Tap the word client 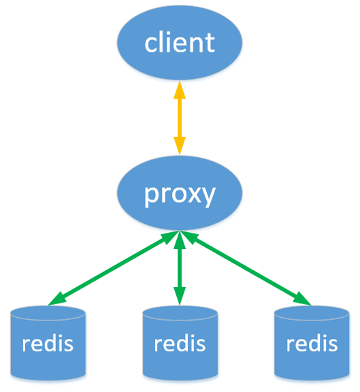point(180,43)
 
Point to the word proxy point(180,194)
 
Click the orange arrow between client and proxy point(180,118)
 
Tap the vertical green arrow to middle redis point(180,269)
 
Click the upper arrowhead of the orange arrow point(180,89)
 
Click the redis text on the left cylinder point(48,342)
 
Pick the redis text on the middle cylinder point(180,342)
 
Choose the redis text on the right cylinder point(312,342)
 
